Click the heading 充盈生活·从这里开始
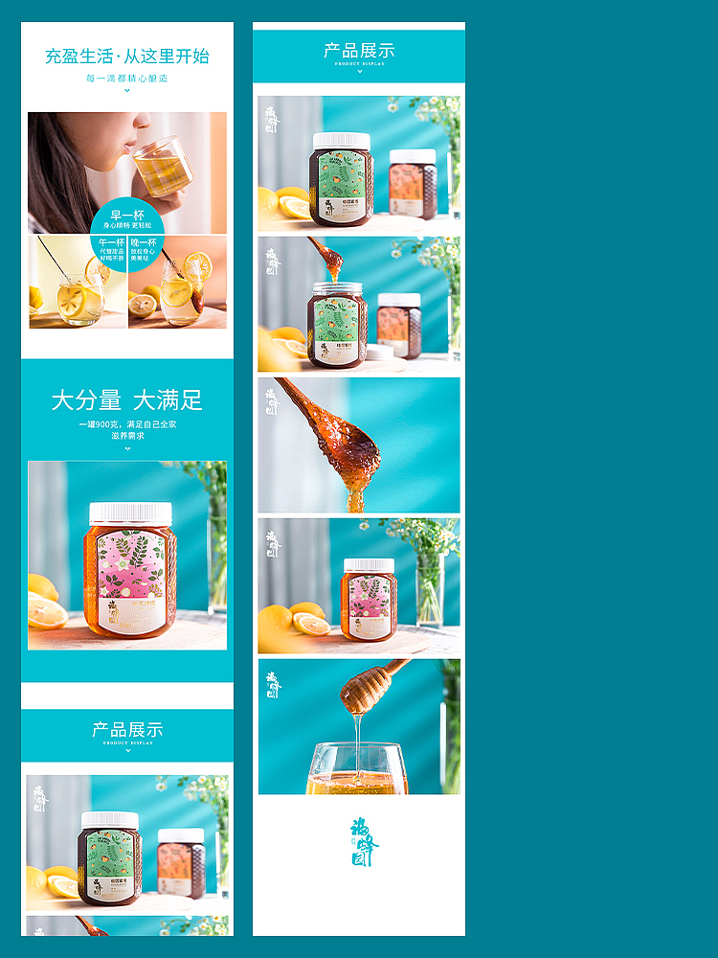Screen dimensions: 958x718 coord(127,56)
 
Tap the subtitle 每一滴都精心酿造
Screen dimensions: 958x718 coord(127,79)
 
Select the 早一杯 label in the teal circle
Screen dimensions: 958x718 coord(127,216)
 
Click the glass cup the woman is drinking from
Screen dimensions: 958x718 coord(162,168)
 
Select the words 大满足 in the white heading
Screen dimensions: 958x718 coord(168,400)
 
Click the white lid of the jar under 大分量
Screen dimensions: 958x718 coord(130,513)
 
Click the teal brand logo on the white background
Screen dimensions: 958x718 coord(364,841)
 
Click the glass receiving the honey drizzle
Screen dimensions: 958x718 coord(356,771)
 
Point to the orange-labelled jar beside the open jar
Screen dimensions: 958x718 coord(398,326)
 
